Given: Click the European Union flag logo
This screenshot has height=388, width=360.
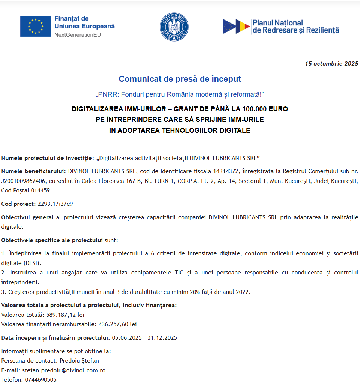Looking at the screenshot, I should (x=36, y=26).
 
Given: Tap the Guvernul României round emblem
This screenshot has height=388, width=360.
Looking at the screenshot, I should (x=174, y=27).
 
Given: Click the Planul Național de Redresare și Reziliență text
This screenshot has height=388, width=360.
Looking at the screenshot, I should (x=295, y=27).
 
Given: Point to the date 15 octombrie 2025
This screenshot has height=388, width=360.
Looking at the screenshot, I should (x=331, y=63).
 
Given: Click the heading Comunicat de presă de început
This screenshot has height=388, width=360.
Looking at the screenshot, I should (x=180, y=79).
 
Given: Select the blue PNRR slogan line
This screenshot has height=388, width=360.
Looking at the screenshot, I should (x=180, y=94).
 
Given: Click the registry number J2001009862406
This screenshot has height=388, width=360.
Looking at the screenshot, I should (x=23, y=181).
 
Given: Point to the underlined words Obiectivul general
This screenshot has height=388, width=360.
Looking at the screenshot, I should (x=27, y=217).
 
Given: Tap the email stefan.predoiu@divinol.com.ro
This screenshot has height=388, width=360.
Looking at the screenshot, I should (x=64, y=370).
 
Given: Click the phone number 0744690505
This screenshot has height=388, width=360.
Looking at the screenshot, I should (x=40, y=379).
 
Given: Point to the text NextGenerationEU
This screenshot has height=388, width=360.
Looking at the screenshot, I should (x=78, y=35).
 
